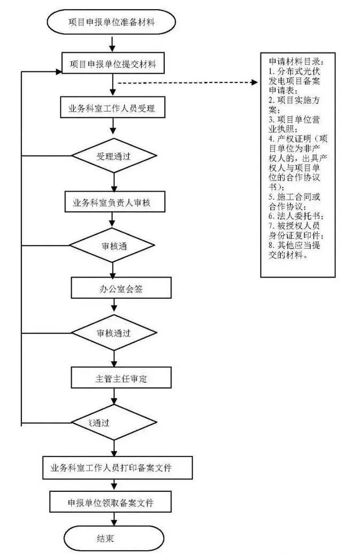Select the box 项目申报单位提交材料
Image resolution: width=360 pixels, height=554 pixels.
[112, 64]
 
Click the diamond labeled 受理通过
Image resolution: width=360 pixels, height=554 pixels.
[113, 156]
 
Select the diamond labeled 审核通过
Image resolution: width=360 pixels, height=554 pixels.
[113, 332]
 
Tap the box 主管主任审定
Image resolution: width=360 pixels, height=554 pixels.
[121, 378]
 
